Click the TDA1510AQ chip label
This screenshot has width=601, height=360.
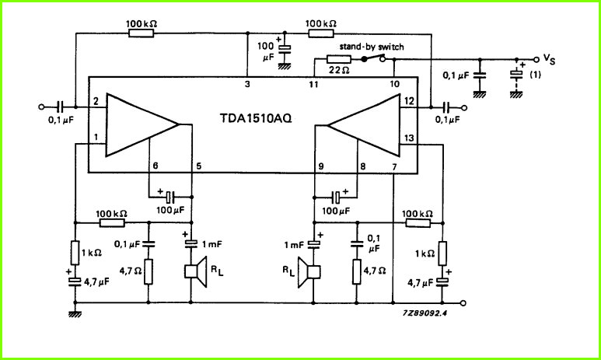[x=256, y=119]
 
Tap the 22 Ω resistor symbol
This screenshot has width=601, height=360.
[x=338, y=59]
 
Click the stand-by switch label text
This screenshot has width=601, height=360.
[x=372, y=47]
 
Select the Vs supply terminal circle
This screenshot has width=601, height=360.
[x=536, y=59]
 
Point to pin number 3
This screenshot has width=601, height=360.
[x=247, y=84]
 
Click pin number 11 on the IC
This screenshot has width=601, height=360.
[x=313, y=84]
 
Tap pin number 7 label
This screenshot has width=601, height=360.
[x=393, y=166]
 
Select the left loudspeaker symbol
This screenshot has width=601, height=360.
[x=196, y=271]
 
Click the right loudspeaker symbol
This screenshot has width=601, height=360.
[x=309, y=272]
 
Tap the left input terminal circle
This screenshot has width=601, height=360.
[x=42, y=107]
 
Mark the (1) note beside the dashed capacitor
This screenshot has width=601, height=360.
[x=535, y=75]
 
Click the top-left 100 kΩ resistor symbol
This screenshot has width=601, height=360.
[x=142, y=33]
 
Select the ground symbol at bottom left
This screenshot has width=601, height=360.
[x=75, y=314]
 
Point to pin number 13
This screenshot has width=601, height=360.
[x=409, y=138]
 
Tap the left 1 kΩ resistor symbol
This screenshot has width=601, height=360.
[x=75, y=253]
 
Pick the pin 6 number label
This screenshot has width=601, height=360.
[x=155, y=166]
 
